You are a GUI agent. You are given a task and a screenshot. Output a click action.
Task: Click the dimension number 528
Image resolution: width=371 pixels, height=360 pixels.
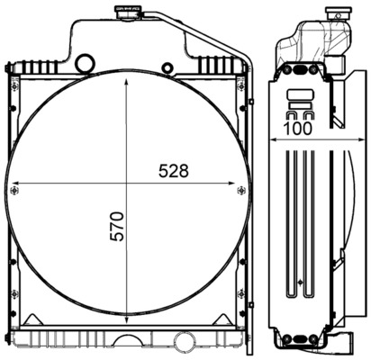pyautogui.click(x=175, y=171)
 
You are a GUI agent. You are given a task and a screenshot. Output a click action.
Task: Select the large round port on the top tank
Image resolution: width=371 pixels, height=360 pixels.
pyautogui.click(x=85, y=64)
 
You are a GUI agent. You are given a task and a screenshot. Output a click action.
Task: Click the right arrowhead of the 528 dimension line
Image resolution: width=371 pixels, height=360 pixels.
pyautogui.click(x=237, y=184)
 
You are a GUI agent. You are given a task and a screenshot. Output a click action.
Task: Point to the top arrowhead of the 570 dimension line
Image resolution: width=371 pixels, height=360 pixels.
pyautogui.click(x=126, y=76)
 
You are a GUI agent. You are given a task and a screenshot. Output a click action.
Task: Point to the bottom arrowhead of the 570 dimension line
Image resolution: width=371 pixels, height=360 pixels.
pyautogui.click(x=126, y=318)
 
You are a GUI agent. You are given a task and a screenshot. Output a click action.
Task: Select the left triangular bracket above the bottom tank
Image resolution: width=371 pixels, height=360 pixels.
pyautogui.click(x=37, y=319)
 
